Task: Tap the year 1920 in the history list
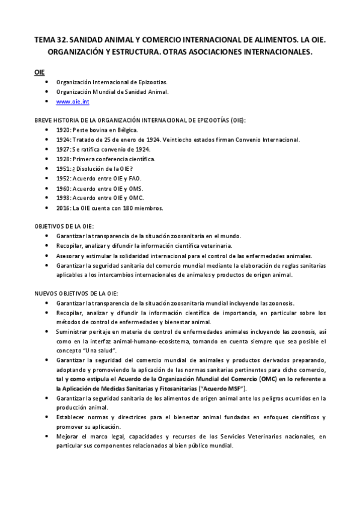(x=63, y=129)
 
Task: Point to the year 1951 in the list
(x=63, y=168)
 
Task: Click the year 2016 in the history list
(x=63, y=207)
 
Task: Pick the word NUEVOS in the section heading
(x=46, y=293)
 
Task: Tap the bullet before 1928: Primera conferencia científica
(x=47, y=159)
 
